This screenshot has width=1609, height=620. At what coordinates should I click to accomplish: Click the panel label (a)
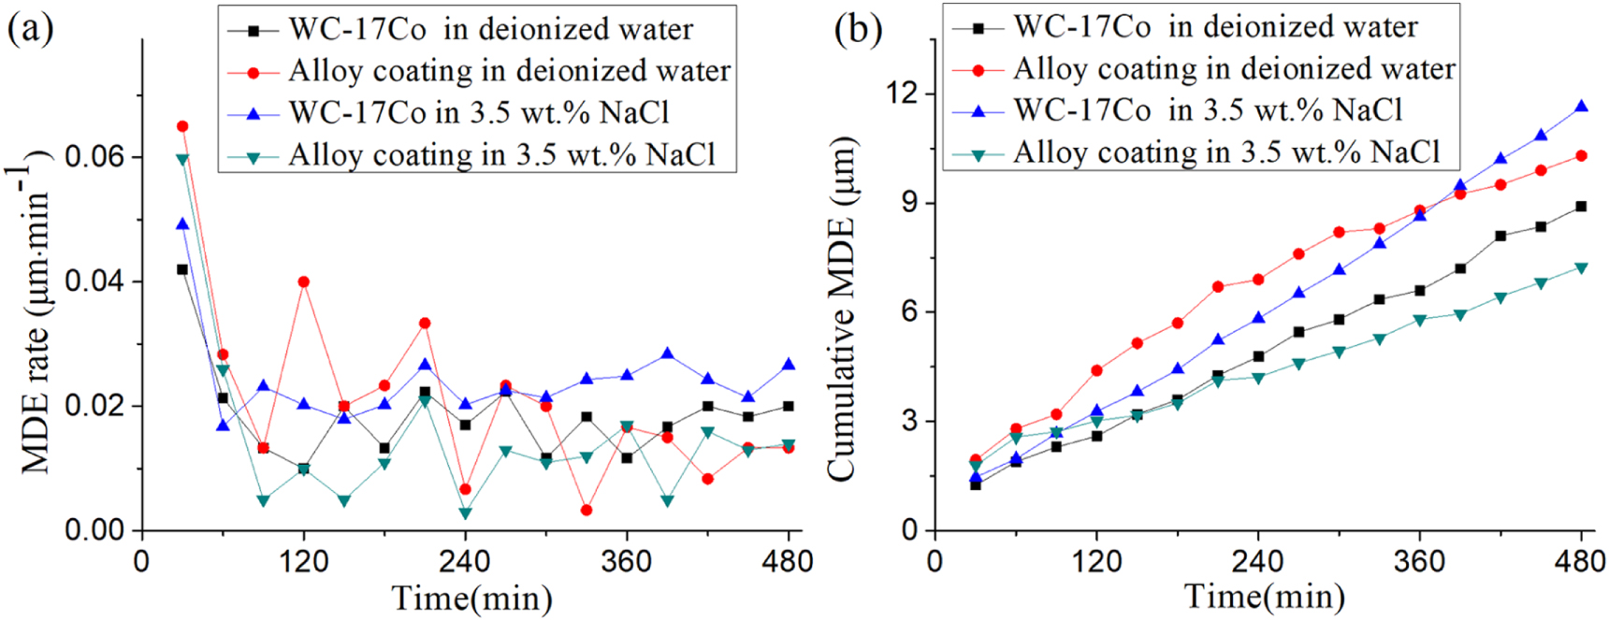tap(30, 30)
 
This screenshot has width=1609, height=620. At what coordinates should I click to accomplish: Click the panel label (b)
tap(858, 30)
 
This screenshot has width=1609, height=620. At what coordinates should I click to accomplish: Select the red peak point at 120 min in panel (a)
tap(303, 281)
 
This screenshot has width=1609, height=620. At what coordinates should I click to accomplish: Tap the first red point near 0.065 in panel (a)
tap(182, 126)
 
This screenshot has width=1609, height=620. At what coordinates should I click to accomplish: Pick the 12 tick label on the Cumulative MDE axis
tap(904, 94)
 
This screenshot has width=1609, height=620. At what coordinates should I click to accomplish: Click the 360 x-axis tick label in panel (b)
tap(1419, 561)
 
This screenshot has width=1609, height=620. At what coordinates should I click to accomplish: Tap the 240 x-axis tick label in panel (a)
tap(465, 561)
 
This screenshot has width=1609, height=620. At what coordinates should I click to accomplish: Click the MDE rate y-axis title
tap(37, 318)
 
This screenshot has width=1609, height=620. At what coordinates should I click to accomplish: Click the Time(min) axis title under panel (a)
tap(471, 598)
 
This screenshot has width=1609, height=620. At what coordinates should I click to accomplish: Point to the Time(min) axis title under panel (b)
tap(1265, 596)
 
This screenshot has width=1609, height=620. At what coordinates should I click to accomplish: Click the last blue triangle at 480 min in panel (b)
tap(1581, 107)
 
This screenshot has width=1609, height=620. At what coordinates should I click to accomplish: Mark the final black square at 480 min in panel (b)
tap(1581, 207)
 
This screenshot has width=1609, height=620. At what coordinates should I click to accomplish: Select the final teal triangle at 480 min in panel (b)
tap(1581, 268)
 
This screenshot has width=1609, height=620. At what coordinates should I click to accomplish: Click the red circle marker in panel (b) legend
tap(978, 70)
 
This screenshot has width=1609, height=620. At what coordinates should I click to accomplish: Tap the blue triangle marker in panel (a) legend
tap(254, 114)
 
